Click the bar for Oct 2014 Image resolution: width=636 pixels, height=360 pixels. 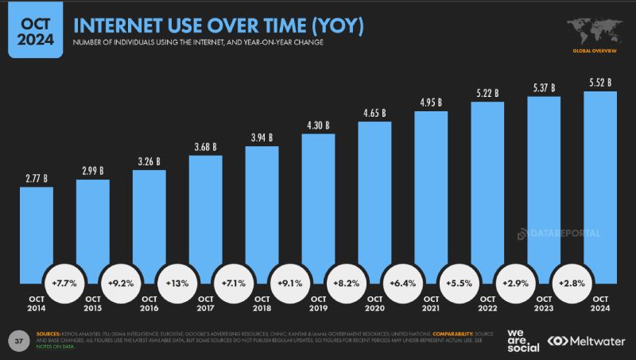click(36, 230)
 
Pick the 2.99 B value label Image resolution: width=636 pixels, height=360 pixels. click(92, 171)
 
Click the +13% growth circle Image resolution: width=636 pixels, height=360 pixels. click(177, 282)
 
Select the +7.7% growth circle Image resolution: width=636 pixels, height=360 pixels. click(64, 282)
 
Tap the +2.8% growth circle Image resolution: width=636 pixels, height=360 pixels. click(572, 282)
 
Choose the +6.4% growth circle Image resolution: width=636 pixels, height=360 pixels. click(402, 282)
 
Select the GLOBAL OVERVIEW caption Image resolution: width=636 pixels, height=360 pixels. click(595, 50)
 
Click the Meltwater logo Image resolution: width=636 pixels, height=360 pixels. click(586, 340)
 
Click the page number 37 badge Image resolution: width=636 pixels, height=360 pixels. click(17, 339)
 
